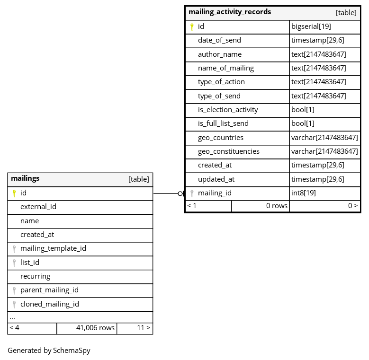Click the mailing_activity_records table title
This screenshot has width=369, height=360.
[230, 12]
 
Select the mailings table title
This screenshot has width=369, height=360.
[25, 179]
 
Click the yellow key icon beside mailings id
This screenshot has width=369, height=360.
[14, 193]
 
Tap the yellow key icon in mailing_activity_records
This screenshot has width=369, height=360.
[192, 27]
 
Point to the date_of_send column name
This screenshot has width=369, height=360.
[219, 40]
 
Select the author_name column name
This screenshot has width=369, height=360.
[220, 54]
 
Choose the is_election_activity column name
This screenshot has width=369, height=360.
[228, 110]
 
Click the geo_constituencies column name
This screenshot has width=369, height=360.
[229, 151]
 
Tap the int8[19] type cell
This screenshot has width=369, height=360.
[304, 193]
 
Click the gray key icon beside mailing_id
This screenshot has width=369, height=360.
[192, 193]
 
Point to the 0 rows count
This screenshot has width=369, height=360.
[277, 206]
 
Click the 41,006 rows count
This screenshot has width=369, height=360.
[95, 327]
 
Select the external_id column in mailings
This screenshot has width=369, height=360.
[38, 207]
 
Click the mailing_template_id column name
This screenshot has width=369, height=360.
[53, 248]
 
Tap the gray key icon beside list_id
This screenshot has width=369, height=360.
[14, 263]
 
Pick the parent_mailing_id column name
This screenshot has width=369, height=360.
[49, 290]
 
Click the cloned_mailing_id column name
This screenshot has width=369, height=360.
[50, 304]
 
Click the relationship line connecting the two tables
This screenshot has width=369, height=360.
[166, 193]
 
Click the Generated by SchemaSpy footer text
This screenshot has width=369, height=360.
[49, 351]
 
